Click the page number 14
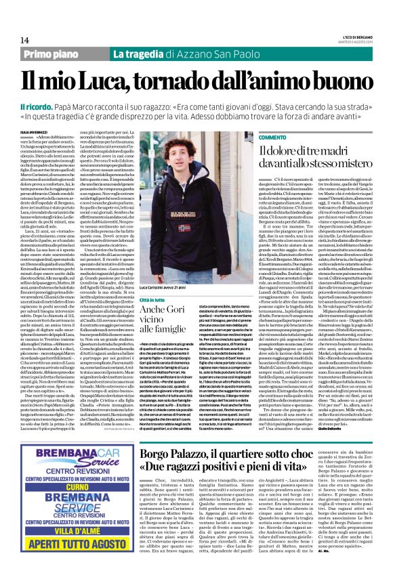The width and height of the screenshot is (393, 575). pos(25,40)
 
